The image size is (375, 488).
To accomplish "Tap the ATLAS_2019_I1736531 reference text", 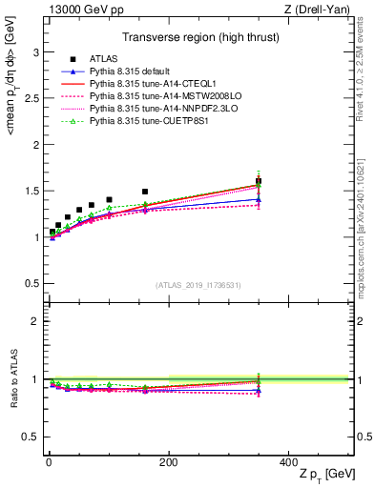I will click(198, 285).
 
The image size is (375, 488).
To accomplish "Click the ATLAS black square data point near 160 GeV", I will click(145, 192).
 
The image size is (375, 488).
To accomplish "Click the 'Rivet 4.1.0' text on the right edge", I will click(366, 57).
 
